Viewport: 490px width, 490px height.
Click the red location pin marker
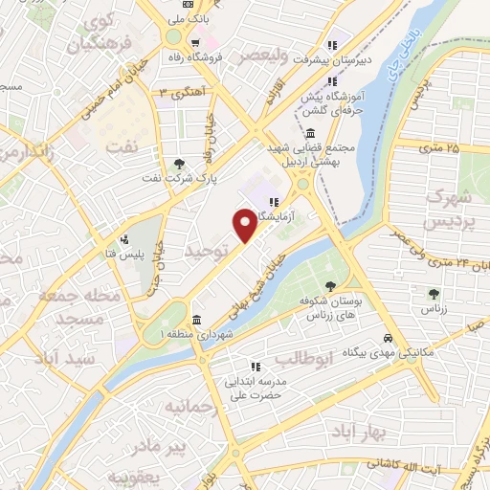245,224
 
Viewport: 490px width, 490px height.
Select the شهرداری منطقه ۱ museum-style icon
196,319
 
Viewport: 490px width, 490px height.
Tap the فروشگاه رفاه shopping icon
195,42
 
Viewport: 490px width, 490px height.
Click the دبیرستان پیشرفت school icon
333,44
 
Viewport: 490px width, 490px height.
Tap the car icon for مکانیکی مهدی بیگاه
387,338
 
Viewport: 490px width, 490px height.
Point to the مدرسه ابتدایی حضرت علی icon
256,366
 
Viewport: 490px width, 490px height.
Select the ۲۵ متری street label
439,148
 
